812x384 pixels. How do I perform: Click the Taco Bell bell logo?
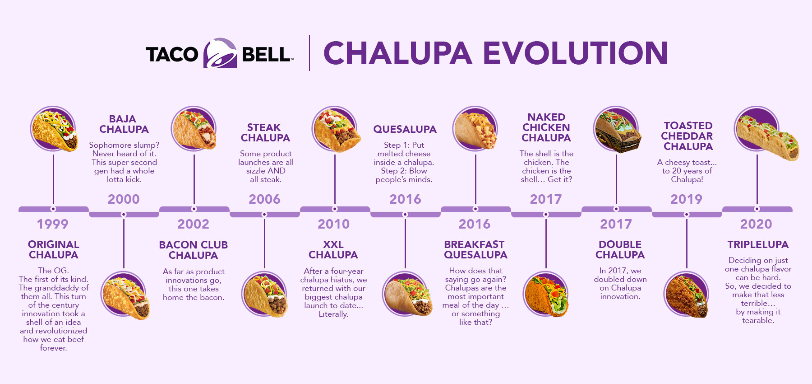coord(220,53)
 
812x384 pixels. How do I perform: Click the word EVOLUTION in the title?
coord(576,53)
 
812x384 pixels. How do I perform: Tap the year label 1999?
coord(53,224)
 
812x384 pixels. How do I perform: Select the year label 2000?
coord(124,199)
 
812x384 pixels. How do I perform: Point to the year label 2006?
coord(264,199)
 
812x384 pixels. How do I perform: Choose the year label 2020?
coord(756,224)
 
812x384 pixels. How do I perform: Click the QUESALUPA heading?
coord(405,129)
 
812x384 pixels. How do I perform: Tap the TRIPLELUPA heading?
coord(758,244)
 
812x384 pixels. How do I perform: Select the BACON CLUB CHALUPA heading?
coord(193,250)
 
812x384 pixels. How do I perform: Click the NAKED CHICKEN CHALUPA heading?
coord(546,127)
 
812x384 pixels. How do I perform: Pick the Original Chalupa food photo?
coord(54,129)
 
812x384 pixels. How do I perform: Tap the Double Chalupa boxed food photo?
coord(616,130)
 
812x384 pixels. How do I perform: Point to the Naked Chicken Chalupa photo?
coord(546,294)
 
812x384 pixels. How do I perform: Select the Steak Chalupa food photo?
coord(265,294)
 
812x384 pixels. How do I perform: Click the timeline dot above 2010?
coord(335,209)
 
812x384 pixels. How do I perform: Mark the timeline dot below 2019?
coord(687,215)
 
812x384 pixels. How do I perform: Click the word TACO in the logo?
coord(172,54)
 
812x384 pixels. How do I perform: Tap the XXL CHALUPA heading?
coord(333,250)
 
